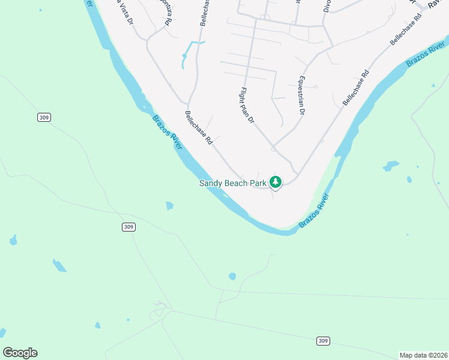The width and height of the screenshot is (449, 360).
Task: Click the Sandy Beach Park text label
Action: click(x=232, y=183)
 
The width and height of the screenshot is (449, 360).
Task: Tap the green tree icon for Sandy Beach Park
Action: click(x=276, y=181)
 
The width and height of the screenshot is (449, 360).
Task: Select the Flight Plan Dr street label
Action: click(x=247, y=106)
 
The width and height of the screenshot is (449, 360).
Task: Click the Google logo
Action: click(x=20, y=353)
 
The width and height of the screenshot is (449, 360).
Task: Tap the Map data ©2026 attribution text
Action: click(x=423, y=355)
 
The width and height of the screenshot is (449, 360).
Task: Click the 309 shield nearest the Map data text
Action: click(x=323, y=341)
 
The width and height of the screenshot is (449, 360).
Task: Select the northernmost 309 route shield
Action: click(x=43, y=118)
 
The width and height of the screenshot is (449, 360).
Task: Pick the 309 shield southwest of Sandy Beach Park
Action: click(x=128, y=227)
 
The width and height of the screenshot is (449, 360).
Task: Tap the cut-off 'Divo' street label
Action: click(x=327, y=6)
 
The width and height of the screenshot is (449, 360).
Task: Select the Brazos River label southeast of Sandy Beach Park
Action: click(x=315, y=210)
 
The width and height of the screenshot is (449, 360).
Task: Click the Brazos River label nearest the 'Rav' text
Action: click(x=426, y=55)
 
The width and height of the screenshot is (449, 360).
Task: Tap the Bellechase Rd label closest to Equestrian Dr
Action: click(x=355, y=89)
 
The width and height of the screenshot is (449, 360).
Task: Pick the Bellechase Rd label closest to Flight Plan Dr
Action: click(x=199, y=128)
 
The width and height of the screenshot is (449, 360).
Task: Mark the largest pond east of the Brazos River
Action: click(x=391, y=165)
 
